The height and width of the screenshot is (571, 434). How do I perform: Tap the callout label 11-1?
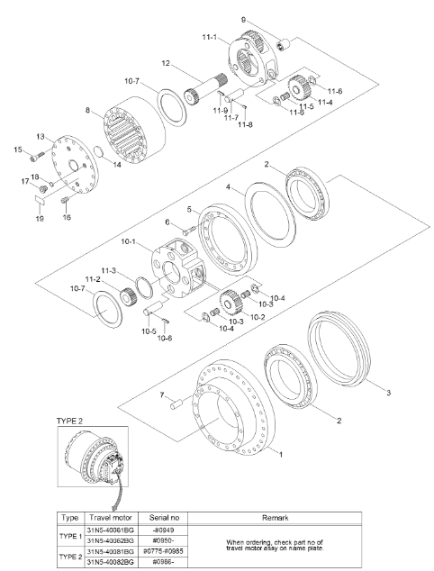[208, 39]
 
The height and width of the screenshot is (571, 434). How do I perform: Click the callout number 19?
[40, 218]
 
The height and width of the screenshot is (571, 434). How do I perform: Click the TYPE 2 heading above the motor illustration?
[70, 421]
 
